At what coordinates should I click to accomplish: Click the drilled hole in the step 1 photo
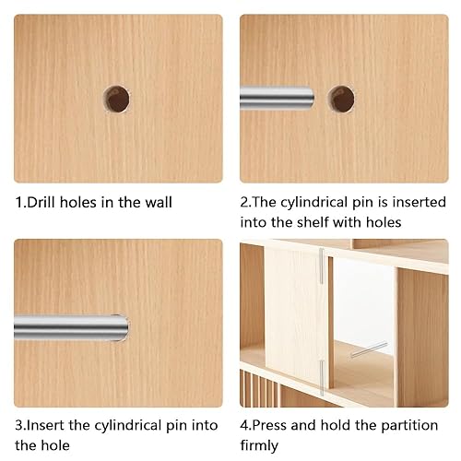pos(116,99)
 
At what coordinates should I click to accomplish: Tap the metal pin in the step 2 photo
pos(277,98)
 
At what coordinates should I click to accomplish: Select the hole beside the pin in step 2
pos(341,99)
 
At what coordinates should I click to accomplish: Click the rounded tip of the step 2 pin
pos(310,98)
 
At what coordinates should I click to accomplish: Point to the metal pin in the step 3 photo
pos(71,327)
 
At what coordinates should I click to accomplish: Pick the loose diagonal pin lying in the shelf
pos(369,349)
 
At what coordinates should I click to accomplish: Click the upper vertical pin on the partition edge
pos(322,266)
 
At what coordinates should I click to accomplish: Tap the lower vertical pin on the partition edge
pos(322,377)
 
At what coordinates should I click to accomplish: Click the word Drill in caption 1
pos(41,203)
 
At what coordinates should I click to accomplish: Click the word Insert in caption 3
pos(45,426)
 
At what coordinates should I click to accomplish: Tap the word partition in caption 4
pos(409,426)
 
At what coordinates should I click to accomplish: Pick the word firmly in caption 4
pos(259,445)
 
